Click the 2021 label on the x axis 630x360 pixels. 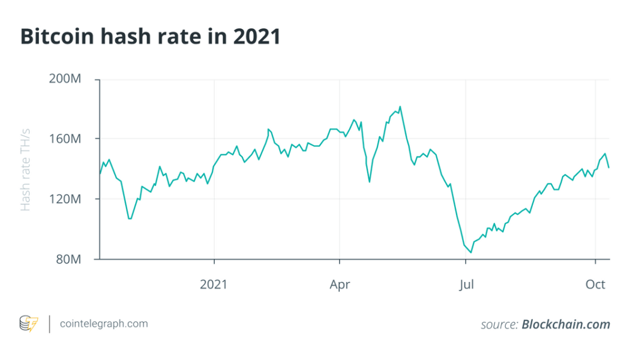point(214,284)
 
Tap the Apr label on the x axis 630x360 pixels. point(340,284)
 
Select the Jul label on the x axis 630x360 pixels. point(466,284)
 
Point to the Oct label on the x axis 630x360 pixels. point(595,284)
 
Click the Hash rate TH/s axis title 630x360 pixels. point(26,170)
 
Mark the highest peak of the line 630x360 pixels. point(400,107)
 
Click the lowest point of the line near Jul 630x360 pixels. point(471,253)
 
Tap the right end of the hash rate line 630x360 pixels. point(609,167)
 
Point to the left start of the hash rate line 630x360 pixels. point(100,174)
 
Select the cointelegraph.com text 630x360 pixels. point(104,324)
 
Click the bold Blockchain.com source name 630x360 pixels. point(565,325)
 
